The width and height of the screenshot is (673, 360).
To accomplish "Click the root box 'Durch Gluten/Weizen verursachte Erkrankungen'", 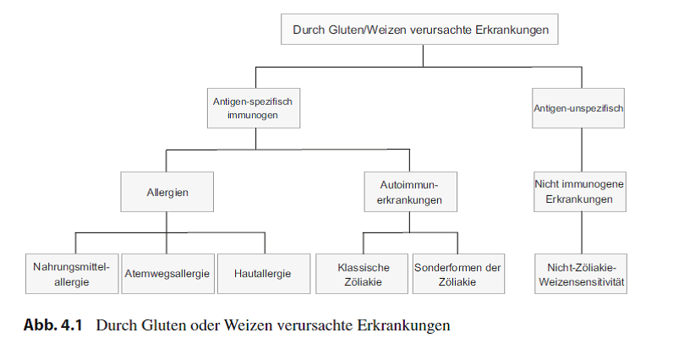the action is pyautogui.click(x=419, y=30).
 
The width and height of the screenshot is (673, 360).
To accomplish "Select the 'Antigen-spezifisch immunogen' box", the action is pyautogui.click(x=254, y=108).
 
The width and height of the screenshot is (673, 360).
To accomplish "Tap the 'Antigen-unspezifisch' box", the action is pyautogui.click(x=578, y=108).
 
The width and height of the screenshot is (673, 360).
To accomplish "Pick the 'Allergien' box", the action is pyautogui.click(x=167, y=192).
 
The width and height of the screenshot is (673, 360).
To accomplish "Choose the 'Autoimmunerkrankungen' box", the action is pyautogui.click(x=410, y=192).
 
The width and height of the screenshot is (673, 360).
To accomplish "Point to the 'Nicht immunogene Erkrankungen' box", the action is pyautogui.click(x=580, y=192).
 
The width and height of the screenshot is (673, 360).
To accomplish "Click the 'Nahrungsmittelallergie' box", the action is pyautogui.click(x=72, y=274).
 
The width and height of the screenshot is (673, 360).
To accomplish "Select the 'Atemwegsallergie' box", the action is pyautogui.click(x=167, y=274).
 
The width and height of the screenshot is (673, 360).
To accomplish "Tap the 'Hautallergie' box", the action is pyautogui.click(x=264, y=274).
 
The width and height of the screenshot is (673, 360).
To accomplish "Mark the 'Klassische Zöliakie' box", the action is pyautogui.click(x=362, y=274).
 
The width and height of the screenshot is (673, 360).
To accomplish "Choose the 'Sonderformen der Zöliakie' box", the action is pyautogui.click(x=458, y=274).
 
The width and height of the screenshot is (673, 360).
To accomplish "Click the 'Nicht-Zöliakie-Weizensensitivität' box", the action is pyautogui.click(x=581, y=274).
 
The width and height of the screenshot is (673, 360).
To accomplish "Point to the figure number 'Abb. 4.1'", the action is pyautogui.click(x=52, y=325).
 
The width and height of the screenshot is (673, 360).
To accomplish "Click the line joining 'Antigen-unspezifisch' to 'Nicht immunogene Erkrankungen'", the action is pyautogui.click(x=582, y=150).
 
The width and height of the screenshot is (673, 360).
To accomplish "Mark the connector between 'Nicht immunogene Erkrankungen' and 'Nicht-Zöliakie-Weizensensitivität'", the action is pyautogui.click(x=582, y=233).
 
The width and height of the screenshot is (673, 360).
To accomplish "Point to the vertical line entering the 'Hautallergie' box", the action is pyautogui.click(x=265, y=243).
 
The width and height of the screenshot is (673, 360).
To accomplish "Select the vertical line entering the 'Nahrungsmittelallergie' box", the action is pyautogui.click(x=75, y=243).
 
